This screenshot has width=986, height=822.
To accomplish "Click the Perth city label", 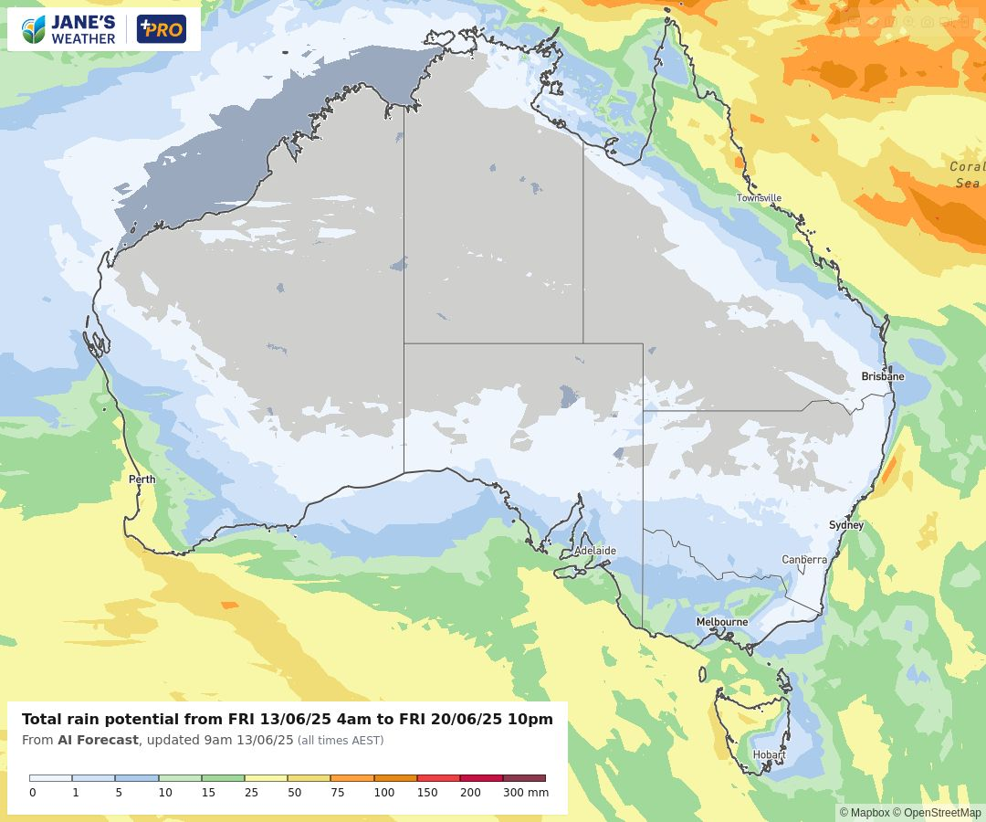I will pos(142,479).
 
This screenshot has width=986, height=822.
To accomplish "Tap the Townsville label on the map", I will pos(759,198).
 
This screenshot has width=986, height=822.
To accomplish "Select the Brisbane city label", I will pos(882,376).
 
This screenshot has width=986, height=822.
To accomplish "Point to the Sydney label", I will pos(845,525).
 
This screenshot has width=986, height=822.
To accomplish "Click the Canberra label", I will pos(803,560).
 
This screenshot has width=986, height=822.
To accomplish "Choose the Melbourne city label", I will pos(721,622).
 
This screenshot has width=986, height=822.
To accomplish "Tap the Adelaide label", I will pos(594,551).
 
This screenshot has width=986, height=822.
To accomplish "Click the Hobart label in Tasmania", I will pos(769,754).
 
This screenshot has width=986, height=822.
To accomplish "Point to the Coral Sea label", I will pos(966,174).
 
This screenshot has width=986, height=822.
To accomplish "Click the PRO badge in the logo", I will pos(161,29).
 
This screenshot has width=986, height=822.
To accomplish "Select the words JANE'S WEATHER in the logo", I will pos(83,30).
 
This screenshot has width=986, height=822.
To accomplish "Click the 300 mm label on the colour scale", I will pos(526,793).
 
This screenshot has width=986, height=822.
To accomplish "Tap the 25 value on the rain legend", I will pos(251,793).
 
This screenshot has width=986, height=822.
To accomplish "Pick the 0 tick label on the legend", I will pos(33,793).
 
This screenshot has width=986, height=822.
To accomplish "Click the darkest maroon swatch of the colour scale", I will pos(524,778).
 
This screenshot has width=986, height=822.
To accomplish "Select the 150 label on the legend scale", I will pos(427,793).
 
